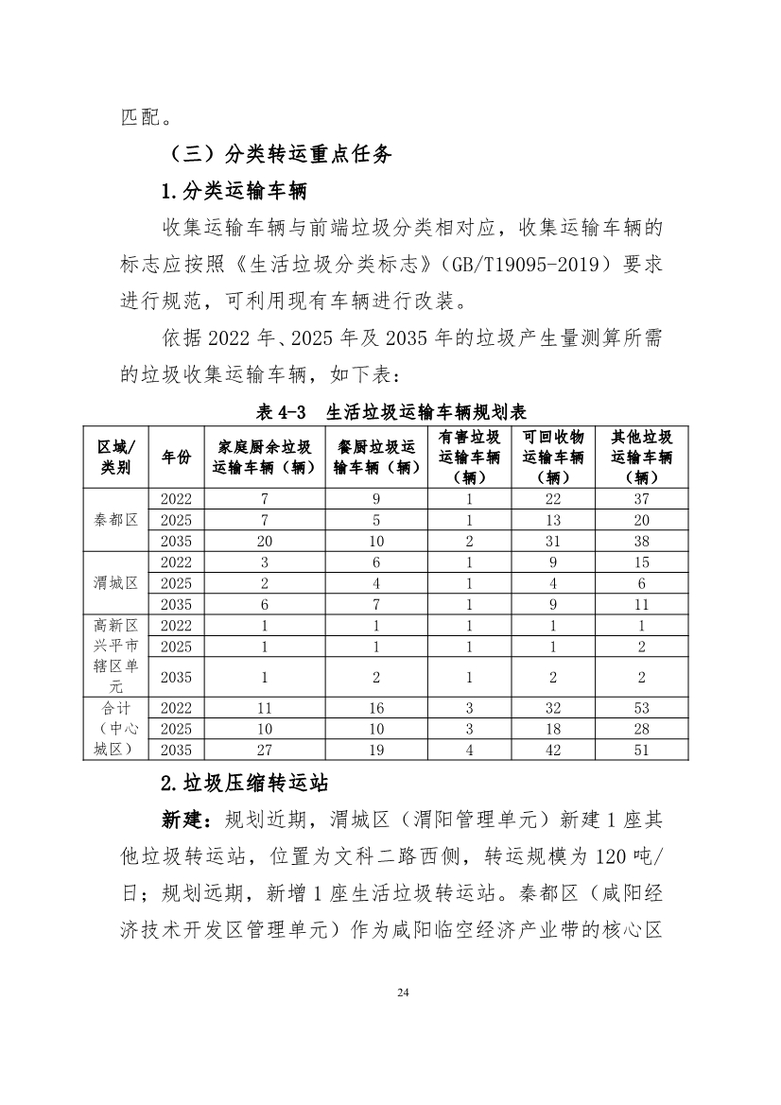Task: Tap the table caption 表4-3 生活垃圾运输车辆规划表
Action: [x=390, y=412]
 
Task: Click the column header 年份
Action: [x=176, y=457]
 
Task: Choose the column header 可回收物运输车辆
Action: [x=553, y=457]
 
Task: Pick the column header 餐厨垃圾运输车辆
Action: [x=376, y=457]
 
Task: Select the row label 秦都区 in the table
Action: [x=116, y=520]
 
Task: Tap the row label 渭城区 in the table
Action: [x=116, y=583]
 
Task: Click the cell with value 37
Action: [x=642, y=498]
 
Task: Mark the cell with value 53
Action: [x=642, y=707]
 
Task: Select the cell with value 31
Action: [x=553, y=541]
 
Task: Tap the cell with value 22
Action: [x=553, y=498]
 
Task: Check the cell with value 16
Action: [x=376, y=707]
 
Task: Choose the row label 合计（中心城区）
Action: [x=116, y=728]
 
